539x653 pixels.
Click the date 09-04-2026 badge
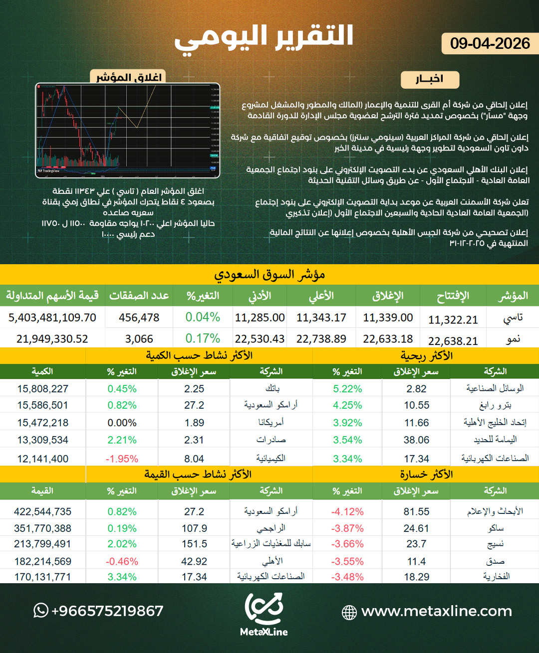490,44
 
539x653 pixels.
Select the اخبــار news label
429,79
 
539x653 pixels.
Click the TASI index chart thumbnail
128,130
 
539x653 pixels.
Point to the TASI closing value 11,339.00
388,318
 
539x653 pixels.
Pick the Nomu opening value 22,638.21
453,341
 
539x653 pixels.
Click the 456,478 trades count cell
139,318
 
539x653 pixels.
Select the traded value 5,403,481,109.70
52,318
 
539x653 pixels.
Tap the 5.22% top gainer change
347,389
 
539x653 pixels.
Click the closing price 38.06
416,440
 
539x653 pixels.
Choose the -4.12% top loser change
347,511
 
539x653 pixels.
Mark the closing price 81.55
416,511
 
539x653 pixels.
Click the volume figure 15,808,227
43,389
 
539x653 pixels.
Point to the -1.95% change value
122,459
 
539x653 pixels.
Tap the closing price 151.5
194,544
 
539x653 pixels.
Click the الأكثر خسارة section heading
426,474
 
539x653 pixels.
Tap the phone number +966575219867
107,611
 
